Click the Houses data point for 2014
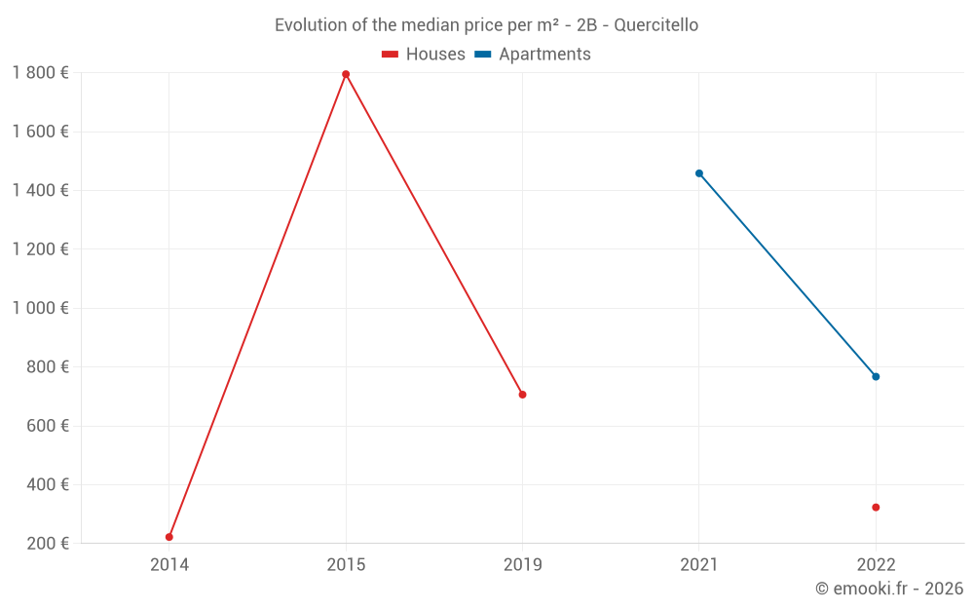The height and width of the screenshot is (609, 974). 169,537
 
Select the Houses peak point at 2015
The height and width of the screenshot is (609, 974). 346,74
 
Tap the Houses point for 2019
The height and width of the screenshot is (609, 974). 523,395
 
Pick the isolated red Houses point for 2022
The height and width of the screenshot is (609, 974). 876,508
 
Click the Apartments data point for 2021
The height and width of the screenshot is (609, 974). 699,173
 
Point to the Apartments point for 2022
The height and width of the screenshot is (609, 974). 876,376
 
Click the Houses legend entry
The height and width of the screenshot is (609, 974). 424,55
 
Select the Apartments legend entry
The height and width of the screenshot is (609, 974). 533,55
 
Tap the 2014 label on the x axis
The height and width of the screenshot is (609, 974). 169,564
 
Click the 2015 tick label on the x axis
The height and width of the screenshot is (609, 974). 346,564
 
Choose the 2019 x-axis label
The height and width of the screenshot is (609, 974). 523,564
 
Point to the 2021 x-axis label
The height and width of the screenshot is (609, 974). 699,564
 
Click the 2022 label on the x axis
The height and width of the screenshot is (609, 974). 876,564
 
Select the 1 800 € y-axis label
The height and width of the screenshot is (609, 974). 40,73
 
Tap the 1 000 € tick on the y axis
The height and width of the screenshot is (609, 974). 40,308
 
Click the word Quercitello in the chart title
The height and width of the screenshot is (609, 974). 656,25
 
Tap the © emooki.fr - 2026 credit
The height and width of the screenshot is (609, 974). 888,589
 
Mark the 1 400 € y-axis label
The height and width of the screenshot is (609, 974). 40,191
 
